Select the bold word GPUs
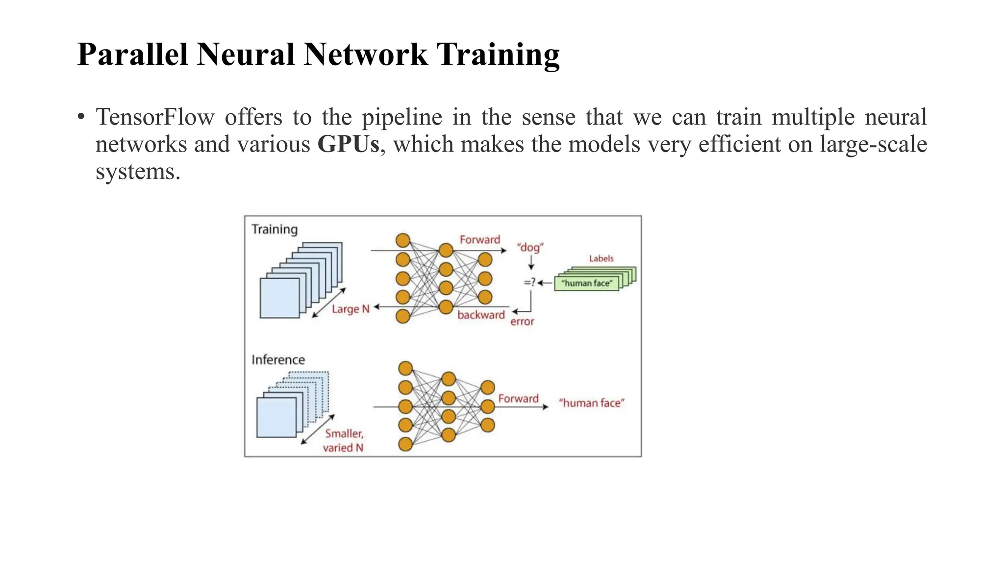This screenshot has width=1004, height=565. coord(348,144)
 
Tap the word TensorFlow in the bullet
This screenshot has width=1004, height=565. coord(155,117)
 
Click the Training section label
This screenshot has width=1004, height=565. coord(275,230)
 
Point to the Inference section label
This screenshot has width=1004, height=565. coord(278,360)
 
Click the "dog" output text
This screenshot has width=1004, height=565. coord(530,247)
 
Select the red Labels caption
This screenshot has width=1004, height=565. coord(601,258)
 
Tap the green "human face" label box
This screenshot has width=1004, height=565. coord(586,283)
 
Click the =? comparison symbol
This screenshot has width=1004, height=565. coord(529,282)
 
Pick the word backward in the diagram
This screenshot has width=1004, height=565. coord(481,315)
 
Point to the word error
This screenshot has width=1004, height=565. coord(522,322)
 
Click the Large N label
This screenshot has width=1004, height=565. coord(351,309)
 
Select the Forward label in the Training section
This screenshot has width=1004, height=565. coord(480,240)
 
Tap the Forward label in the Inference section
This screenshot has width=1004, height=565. coord(518,399)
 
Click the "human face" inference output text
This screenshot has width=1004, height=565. coord(592,403)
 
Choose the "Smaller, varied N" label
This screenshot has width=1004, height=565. coord(344,440)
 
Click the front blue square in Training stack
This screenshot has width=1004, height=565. coord(279,298)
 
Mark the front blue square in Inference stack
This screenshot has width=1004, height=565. coord(276,417)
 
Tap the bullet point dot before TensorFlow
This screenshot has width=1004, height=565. coord(81,117)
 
